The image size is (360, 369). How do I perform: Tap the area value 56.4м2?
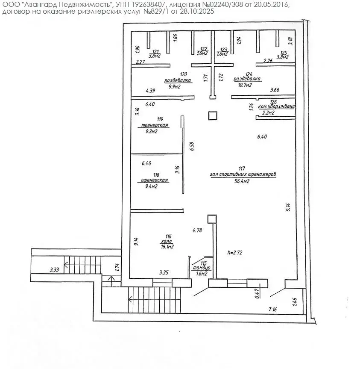(x=242, y=181)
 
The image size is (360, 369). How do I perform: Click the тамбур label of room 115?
(x=200, y=268)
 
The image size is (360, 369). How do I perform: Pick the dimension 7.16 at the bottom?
(x=273, y=308)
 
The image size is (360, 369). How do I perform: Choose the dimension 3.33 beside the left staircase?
(x=54, y=269)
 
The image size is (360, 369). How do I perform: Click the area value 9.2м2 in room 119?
(x=152, y=132)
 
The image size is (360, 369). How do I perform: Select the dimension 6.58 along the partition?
(x=192, y=147)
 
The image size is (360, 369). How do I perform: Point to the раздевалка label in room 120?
(x=178, y=80)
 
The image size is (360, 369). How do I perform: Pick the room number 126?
(x=273, y=102)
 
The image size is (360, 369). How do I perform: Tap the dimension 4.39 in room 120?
(x=150, y=91)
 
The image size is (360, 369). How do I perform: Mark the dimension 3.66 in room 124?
(x=275, y=90)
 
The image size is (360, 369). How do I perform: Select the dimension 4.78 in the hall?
(x=197, y=230)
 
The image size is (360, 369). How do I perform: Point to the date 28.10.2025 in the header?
(x=193, y=12)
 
